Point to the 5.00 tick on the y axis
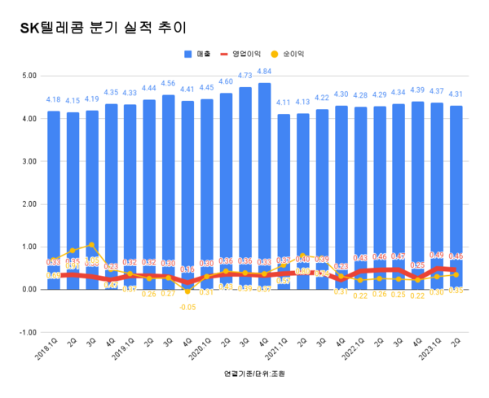pyautogui.click(x=29, y=76)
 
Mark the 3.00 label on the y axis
pyautogui.click(x=29, y=161)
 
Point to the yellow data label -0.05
pyautogui.click(x=188, y=307)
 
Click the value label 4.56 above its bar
pyautogui.click(x=169, y=83)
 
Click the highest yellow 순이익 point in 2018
pyautogui.click(x=91, y=244)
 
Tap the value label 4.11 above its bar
pyautogui.click(x=283, y=103)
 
